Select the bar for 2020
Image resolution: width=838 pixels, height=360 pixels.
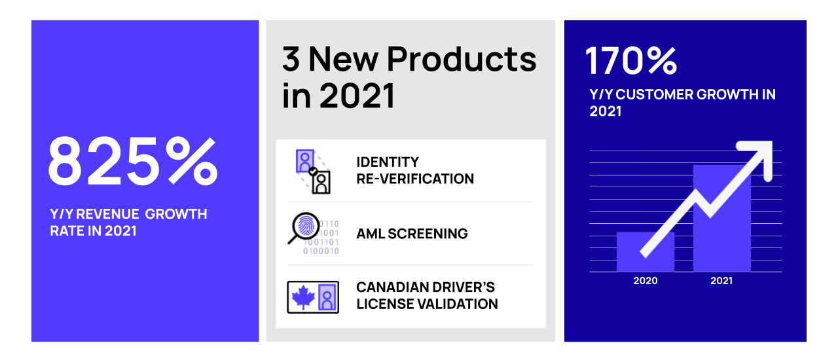point(645,251)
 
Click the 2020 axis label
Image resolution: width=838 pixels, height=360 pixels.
point(645,281)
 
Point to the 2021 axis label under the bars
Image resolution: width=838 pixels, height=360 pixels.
point(721,281)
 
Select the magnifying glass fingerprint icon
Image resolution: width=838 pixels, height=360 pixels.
point(303,229)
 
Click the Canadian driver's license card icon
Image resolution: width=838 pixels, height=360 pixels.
point(313,297)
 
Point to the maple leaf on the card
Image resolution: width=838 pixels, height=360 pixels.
point(302,297)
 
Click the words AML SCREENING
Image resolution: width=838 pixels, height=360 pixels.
point(412,234)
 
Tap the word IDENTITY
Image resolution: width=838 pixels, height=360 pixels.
point(388,162)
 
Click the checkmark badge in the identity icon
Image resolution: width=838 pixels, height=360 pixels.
point(314,171)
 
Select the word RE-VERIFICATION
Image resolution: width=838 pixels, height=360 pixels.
point(415,179)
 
